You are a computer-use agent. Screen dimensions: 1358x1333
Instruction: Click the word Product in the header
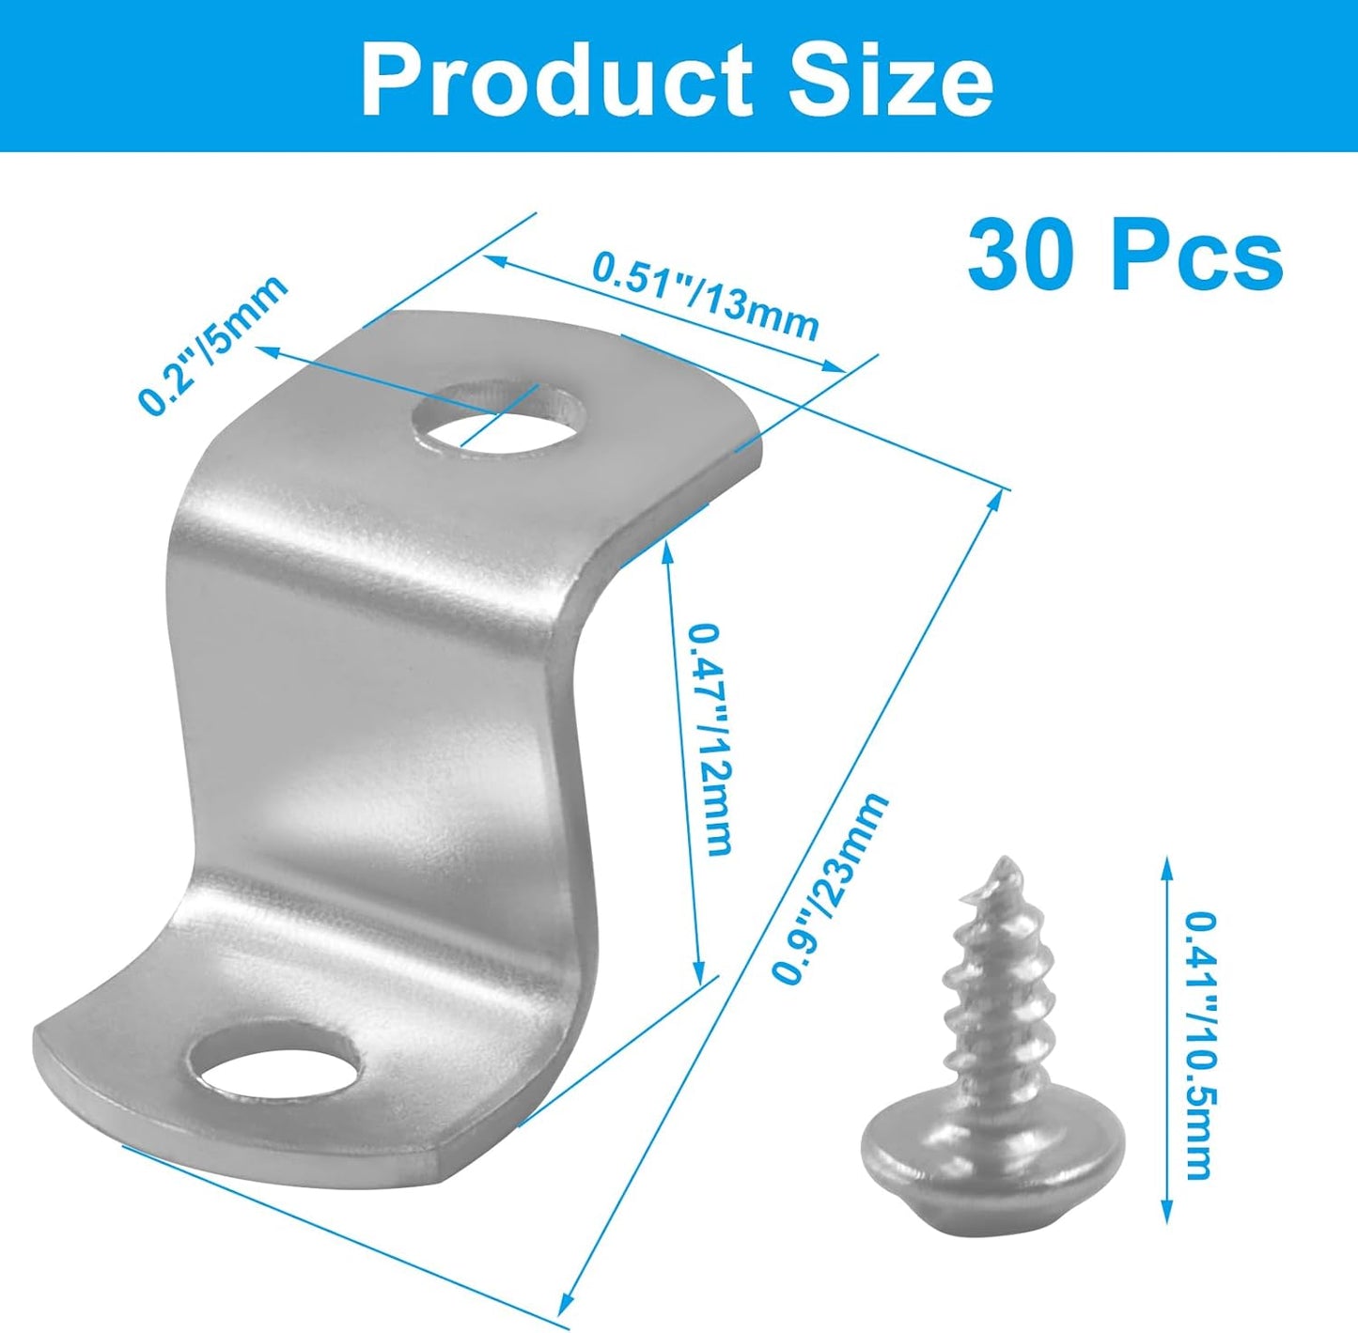pyautogui.click(x=556, y=80)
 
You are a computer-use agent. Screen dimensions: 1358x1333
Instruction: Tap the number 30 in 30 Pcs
pyautogui.click(x=1032, y=255)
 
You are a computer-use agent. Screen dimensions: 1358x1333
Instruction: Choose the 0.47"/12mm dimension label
pyautogui.click(x=709, y=740)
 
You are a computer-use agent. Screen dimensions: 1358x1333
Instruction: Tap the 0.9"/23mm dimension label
pyautogui.click(x=830, y=887)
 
